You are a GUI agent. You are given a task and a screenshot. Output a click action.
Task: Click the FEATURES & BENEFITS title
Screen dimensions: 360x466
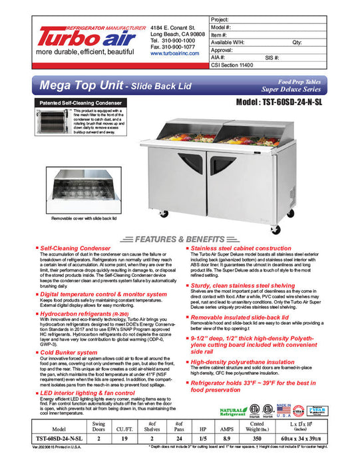(180, 239)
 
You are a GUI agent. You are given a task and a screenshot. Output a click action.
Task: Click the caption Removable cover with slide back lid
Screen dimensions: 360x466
(84, 218)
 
